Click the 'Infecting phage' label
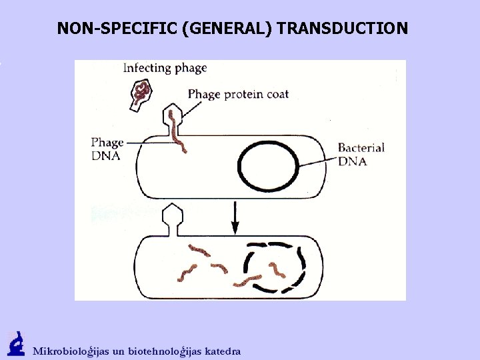pyautogui.click(x=165, y=67)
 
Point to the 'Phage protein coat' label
pyautogui.click(x=238, y=94)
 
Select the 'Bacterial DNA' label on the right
pyautogui.click(x=361, y=154)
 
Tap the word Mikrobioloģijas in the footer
pyautogui.click(x=73, y=351)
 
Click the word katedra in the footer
pyautogui.click(x=223, y=351)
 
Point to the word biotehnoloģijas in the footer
pyautogui.click(x=167, y=351)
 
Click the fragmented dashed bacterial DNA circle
pyautogui.click(x=275, y=267)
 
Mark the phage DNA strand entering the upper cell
pyautogui.click(x=177, y=133)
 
